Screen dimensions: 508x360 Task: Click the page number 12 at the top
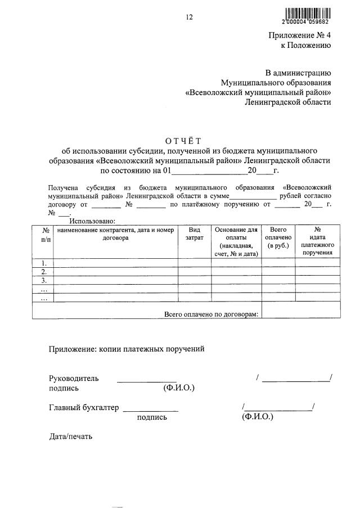pyautogui.click(x=190, y=17)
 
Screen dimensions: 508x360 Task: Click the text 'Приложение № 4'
pyautogui.click(x=299, y=35)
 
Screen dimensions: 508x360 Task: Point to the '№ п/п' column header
pyautogui.click(x=43, y=235)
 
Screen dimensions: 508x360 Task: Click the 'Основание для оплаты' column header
pyautogui.click(x=236, y=241)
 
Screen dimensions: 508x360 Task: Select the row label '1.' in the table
pyautogui.click(x=43, y=263)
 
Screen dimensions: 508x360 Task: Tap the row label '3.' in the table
pyautogui.click(x=43, y=280)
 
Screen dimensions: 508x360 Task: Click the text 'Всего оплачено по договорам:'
pyautogui.click(x=211, y=314)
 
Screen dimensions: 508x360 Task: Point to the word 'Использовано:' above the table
pyautogui.click(x=92, y=222)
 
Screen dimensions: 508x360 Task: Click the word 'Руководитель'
pyautogui.click(x=74, y=378)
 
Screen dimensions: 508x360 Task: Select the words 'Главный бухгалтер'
pyautogui.click(x=84, y=408)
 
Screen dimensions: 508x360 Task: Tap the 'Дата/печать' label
pyautogui.click(x=70, y=436)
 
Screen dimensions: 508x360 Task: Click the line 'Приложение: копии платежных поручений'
pyautogui.click(x=127, y=349)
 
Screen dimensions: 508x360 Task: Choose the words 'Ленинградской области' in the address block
pyautogui.click(x=288, y=102)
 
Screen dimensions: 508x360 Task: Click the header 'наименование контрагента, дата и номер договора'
pyautogui.click(x=115, y=233)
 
